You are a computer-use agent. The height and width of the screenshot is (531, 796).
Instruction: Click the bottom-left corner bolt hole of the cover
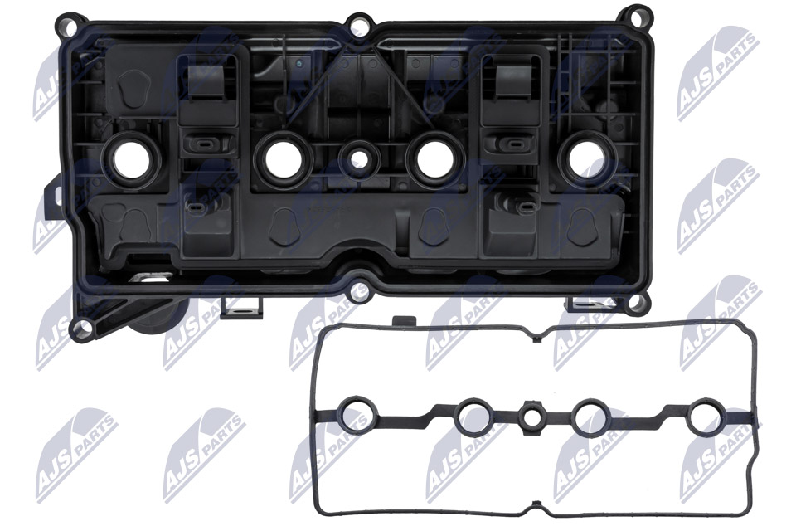point(82,326)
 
